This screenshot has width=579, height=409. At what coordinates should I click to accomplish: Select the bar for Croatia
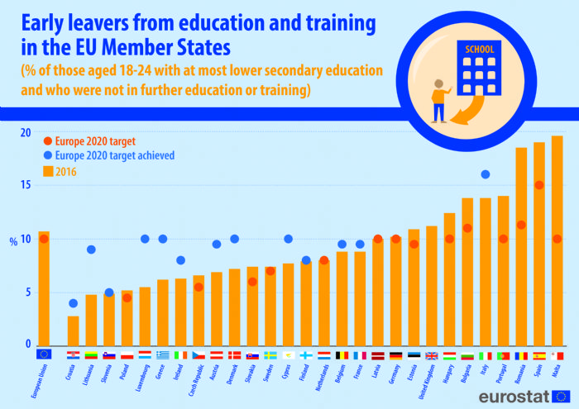click(x=74, y=331)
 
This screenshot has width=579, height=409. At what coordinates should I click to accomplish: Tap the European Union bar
click(x=44, y=289)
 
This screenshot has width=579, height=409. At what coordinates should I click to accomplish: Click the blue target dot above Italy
click(x=486, y=174)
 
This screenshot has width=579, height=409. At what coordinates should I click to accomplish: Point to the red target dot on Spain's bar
click(x=539, y=185)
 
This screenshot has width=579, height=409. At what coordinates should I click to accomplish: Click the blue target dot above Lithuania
click(x=91, y=250)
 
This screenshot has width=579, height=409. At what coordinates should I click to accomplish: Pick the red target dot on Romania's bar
click(x=521, y=225)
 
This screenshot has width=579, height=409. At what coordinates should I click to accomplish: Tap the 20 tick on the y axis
click(x=25, y=133)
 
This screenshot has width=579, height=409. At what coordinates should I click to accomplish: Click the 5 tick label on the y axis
click(x=26, y=292)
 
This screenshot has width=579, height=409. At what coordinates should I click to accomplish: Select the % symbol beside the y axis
click(x=13, y=241)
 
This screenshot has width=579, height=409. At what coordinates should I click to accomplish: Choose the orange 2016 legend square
click(x=48, y=171)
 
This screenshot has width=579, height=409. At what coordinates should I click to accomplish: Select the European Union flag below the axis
click(x=44, y=354)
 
